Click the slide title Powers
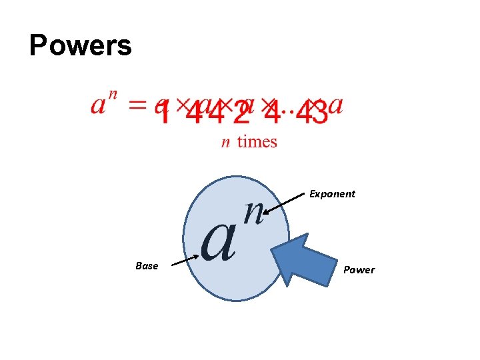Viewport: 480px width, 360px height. pyautogui.click(x=81, y=46)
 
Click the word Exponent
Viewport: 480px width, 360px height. pyautogui.click(x=332, y=194)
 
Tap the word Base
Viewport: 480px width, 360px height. pyautogui.click(x=147, y=266)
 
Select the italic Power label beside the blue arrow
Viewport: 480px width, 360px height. pyautogui.click(x=359, y=270)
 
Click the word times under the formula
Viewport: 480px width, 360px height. pyautogui.click(x=257, y=141)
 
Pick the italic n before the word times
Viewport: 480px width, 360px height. pyautogui.click(x=226, y=142)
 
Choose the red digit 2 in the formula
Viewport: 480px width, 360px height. pyautogui.click(x=241, y=113)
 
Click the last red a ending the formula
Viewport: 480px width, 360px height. pyautogui.click(x=337, y=106)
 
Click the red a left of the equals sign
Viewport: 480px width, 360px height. pyautogui.click(x=100, y=107)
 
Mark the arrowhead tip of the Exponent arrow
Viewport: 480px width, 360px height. pyautogui.click(x=264, y=215)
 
